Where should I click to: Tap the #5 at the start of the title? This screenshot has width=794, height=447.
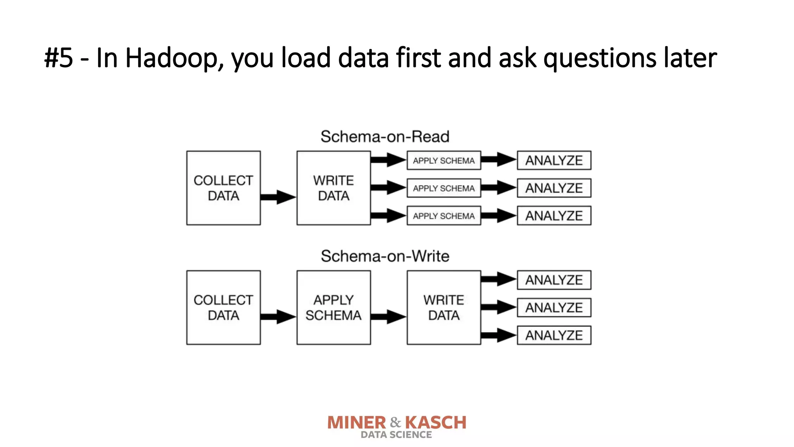point(59,58)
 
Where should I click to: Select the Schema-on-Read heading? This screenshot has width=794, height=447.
point(385,137)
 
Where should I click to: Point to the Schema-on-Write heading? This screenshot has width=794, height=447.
point(385,256)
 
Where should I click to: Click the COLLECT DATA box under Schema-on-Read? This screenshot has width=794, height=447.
point(223,188)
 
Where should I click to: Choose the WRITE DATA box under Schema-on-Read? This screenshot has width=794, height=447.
point(333,188)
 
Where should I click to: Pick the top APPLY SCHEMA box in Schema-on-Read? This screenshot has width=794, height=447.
point(444,161)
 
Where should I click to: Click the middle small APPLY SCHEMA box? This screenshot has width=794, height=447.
point(444,188)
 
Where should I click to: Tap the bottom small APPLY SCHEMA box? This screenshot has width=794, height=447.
point(444,216)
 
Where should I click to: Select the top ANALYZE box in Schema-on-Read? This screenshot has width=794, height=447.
point(554,161)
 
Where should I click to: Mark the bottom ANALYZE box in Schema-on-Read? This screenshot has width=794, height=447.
point(554,216)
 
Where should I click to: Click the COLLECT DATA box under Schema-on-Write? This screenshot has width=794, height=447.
point(223,307)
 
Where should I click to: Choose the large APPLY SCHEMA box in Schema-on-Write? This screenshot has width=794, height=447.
point(333,307)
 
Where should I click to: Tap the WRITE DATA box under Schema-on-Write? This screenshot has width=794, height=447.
point(444,307)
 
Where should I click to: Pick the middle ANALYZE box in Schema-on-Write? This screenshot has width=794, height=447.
point(554,308)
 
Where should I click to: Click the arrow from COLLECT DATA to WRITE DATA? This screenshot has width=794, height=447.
point(278,197)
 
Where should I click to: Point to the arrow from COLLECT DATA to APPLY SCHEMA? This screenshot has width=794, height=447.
point(278,317)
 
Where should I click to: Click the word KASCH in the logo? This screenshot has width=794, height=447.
point(436,423)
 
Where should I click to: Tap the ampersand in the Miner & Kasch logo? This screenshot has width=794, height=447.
point(395,422)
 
